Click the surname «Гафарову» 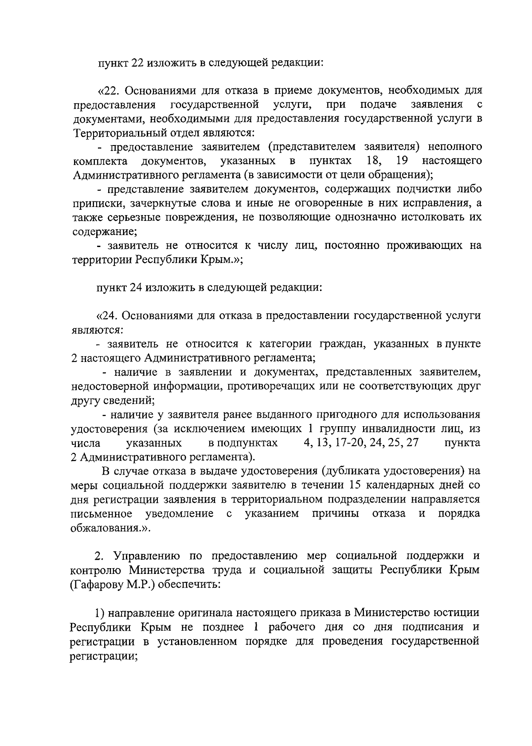[x=97, y=584]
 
